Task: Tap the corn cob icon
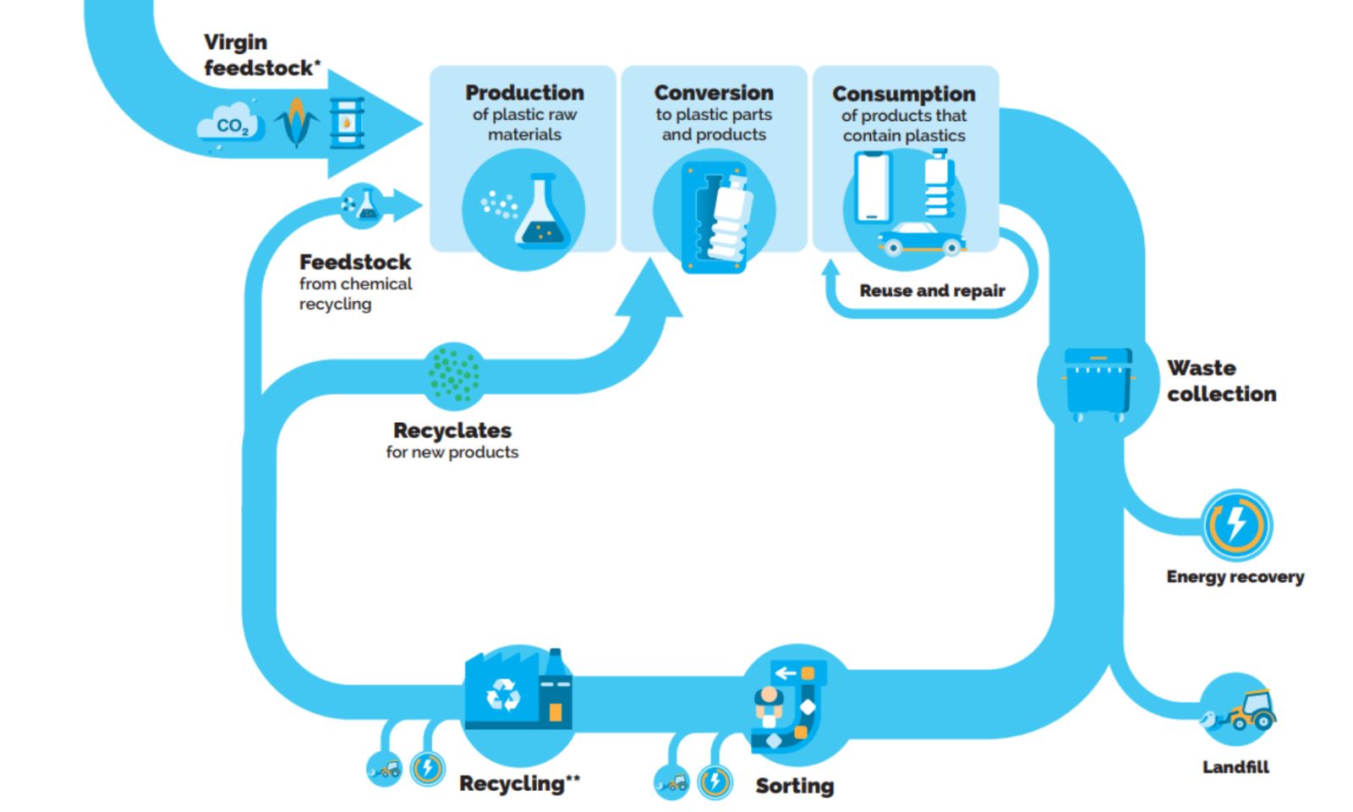[296, 122]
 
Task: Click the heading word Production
[524, 92]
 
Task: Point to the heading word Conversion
[714, 92]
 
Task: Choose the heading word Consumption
[904, 94]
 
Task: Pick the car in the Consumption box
[921, 239]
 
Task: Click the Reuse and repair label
[932, 291]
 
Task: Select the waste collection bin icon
[1098, 383]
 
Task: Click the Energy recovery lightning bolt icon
[1236, 524]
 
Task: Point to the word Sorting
[794, 786]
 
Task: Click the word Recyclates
[452, 431]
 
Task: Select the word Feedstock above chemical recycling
[355, 262]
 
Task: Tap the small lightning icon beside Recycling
[428, 768]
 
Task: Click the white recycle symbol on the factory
[503, 695]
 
